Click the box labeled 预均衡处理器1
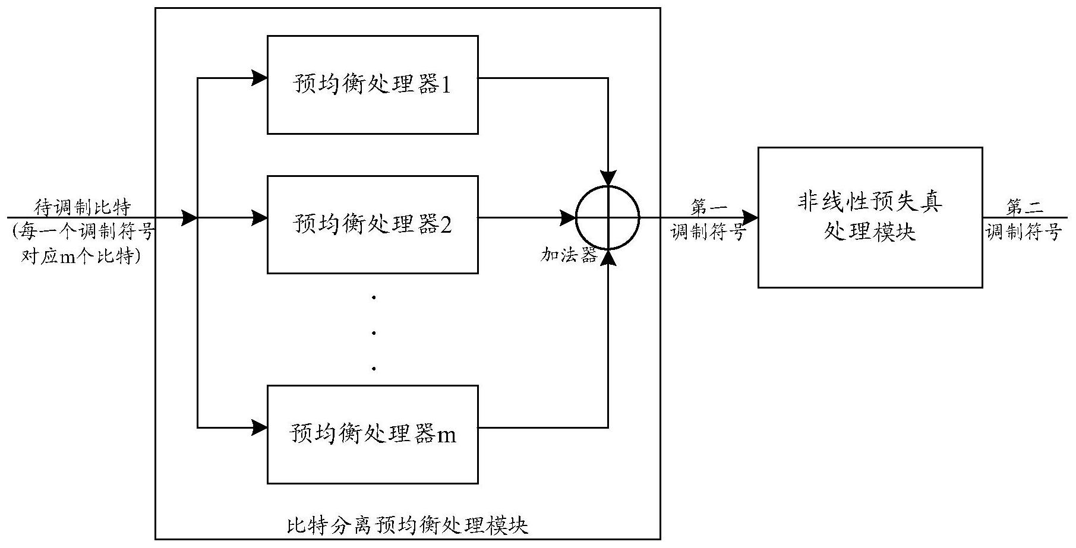tap(373, 85)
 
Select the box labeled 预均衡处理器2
tap(373, 224)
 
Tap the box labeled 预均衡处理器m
tap(373, 434)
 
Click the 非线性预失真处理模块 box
tap(869, 217)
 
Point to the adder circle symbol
tap(608, 217)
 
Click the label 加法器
tap(568, 255)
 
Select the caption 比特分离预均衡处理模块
tap(408, 525)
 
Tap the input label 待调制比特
tap(82, 207)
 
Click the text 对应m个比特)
tap(81, 257)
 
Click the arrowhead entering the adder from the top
tap(608, 178)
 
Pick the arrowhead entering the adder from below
tap(608, 257)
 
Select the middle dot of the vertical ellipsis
tap(373, 332)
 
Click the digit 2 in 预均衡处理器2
tap(446, 225)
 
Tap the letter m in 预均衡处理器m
tap(447, 435)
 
